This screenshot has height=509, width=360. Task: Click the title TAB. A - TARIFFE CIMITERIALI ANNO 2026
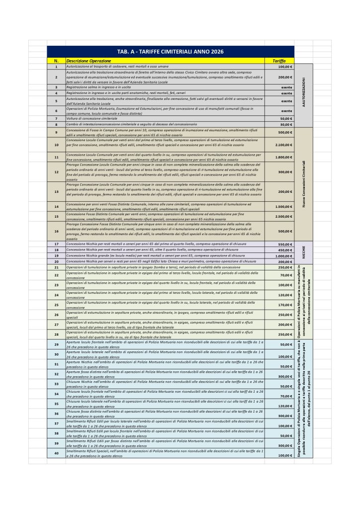tap(170, 51)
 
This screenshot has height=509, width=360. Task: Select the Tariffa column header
tap(279, 61)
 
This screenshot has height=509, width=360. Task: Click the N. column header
tap(56, 61)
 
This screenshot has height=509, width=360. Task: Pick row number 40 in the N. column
tap(56, 453)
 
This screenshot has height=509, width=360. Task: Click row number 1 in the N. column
tap(56, 66)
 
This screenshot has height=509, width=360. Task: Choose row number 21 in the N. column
tap(56, 267)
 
